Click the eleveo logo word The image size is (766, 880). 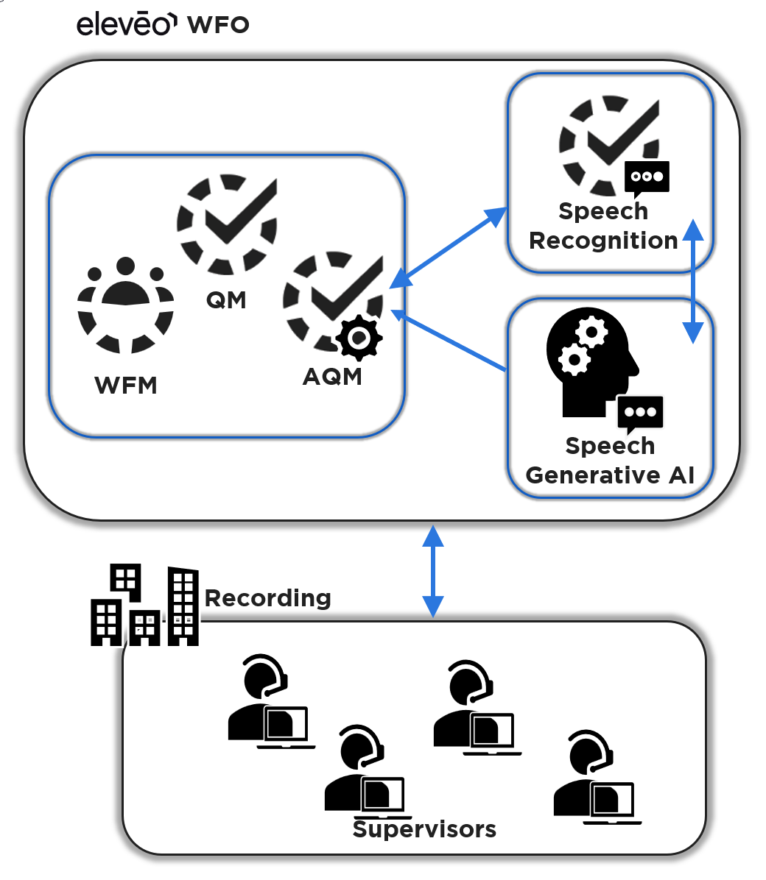126,24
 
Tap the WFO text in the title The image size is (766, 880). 219,24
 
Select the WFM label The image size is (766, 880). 126,386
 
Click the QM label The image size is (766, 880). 226,300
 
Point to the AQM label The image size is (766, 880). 332,377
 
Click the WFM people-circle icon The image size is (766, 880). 126,305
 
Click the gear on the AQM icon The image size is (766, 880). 359,338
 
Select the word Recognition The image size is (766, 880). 603,241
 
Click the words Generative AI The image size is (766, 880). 610,475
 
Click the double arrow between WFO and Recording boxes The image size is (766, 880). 433,571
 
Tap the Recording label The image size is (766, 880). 267,598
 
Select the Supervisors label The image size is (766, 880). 424,829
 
